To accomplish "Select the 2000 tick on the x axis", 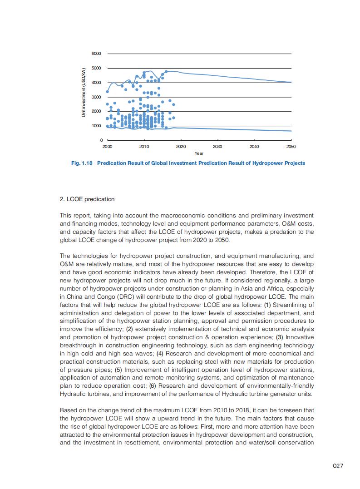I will (x=107, y=147).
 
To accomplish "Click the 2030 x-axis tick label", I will (x=217, y=147).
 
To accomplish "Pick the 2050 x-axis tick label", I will (x=291, y=147).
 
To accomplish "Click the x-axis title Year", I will (x=199, y=153).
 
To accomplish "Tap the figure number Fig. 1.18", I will (x=82, y=163).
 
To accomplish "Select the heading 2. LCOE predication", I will (x=87, y=199).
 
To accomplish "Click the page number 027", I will (x=337, y=466).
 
